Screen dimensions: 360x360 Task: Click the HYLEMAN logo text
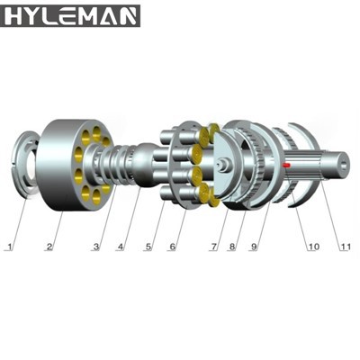click(x=71, y=15)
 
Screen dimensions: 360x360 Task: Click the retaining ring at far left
click(x=27, y=166)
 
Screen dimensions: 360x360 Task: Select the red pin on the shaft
click(x=286, y=165)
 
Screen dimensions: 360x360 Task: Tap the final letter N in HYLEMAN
click(x=129, y=15)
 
